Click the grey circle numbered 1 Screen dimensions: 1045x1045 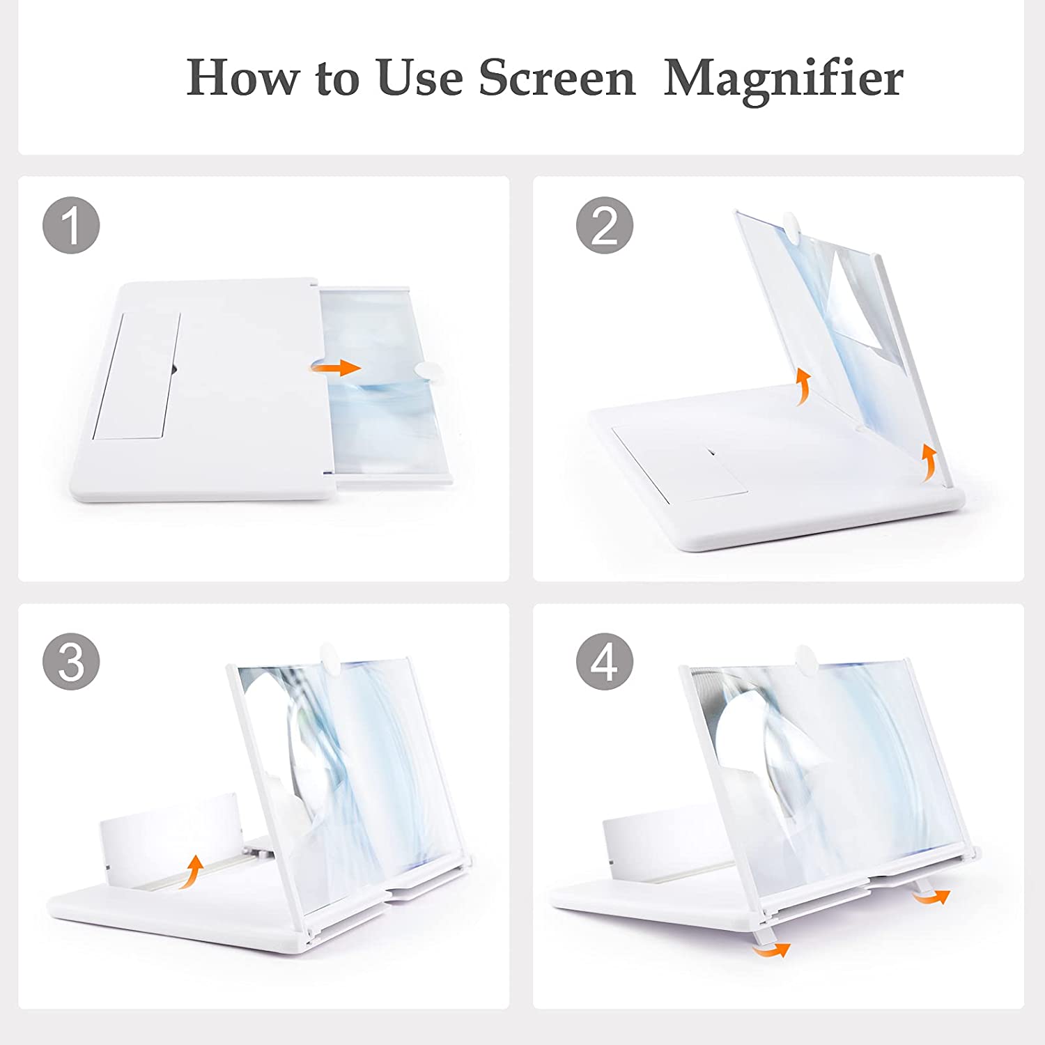click(x=71, y=226)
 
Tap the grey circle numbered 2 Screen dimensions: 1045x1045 click(x=605, y=226)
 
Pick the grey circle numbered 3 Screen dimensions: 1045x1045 click(x=71, y=662)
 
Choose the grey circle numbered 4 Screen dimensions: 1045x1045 click(x=605, y=662)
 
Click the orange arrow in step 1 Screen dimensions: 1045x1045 click(x=336, y=368)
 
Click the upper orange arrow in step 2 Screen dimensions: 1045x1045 click(x=803, y=387)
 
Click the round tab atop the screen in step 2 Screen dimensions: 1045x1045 click(x=794, y=225)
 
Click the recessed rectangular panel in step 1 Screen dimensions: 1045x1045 click(x=137, y=376)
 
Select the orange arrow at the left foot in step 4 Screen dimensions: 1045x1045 click(x=773, y=948)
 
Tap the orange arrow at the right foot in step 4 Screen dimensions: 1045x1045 click(x=931, y=897)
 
